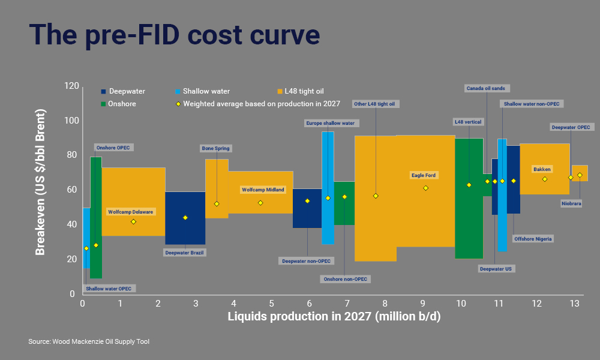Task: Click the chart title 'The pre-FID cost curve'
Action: point(175,34)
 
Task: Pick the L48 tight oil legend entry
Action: point(304,91)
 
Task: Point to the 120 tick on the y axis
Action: point(71,86)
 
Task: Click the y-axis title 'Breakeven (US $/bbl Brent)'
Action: point(40,182)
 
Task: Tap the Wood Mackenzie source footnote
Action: point(89,341)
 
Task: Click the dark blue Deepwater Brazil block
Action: point(185,218)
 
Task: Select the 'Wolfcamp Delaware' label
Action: point(131,212)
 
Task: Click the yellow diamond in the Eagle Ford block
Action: point(425,188)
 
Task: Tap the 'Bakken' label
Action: point(542,169)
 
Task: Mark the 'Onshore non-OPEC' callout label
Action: point(346,279)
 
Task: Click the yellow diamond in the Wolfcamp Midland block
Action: point(260,202)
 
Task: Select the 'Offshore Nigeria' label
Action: point(533,239)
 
